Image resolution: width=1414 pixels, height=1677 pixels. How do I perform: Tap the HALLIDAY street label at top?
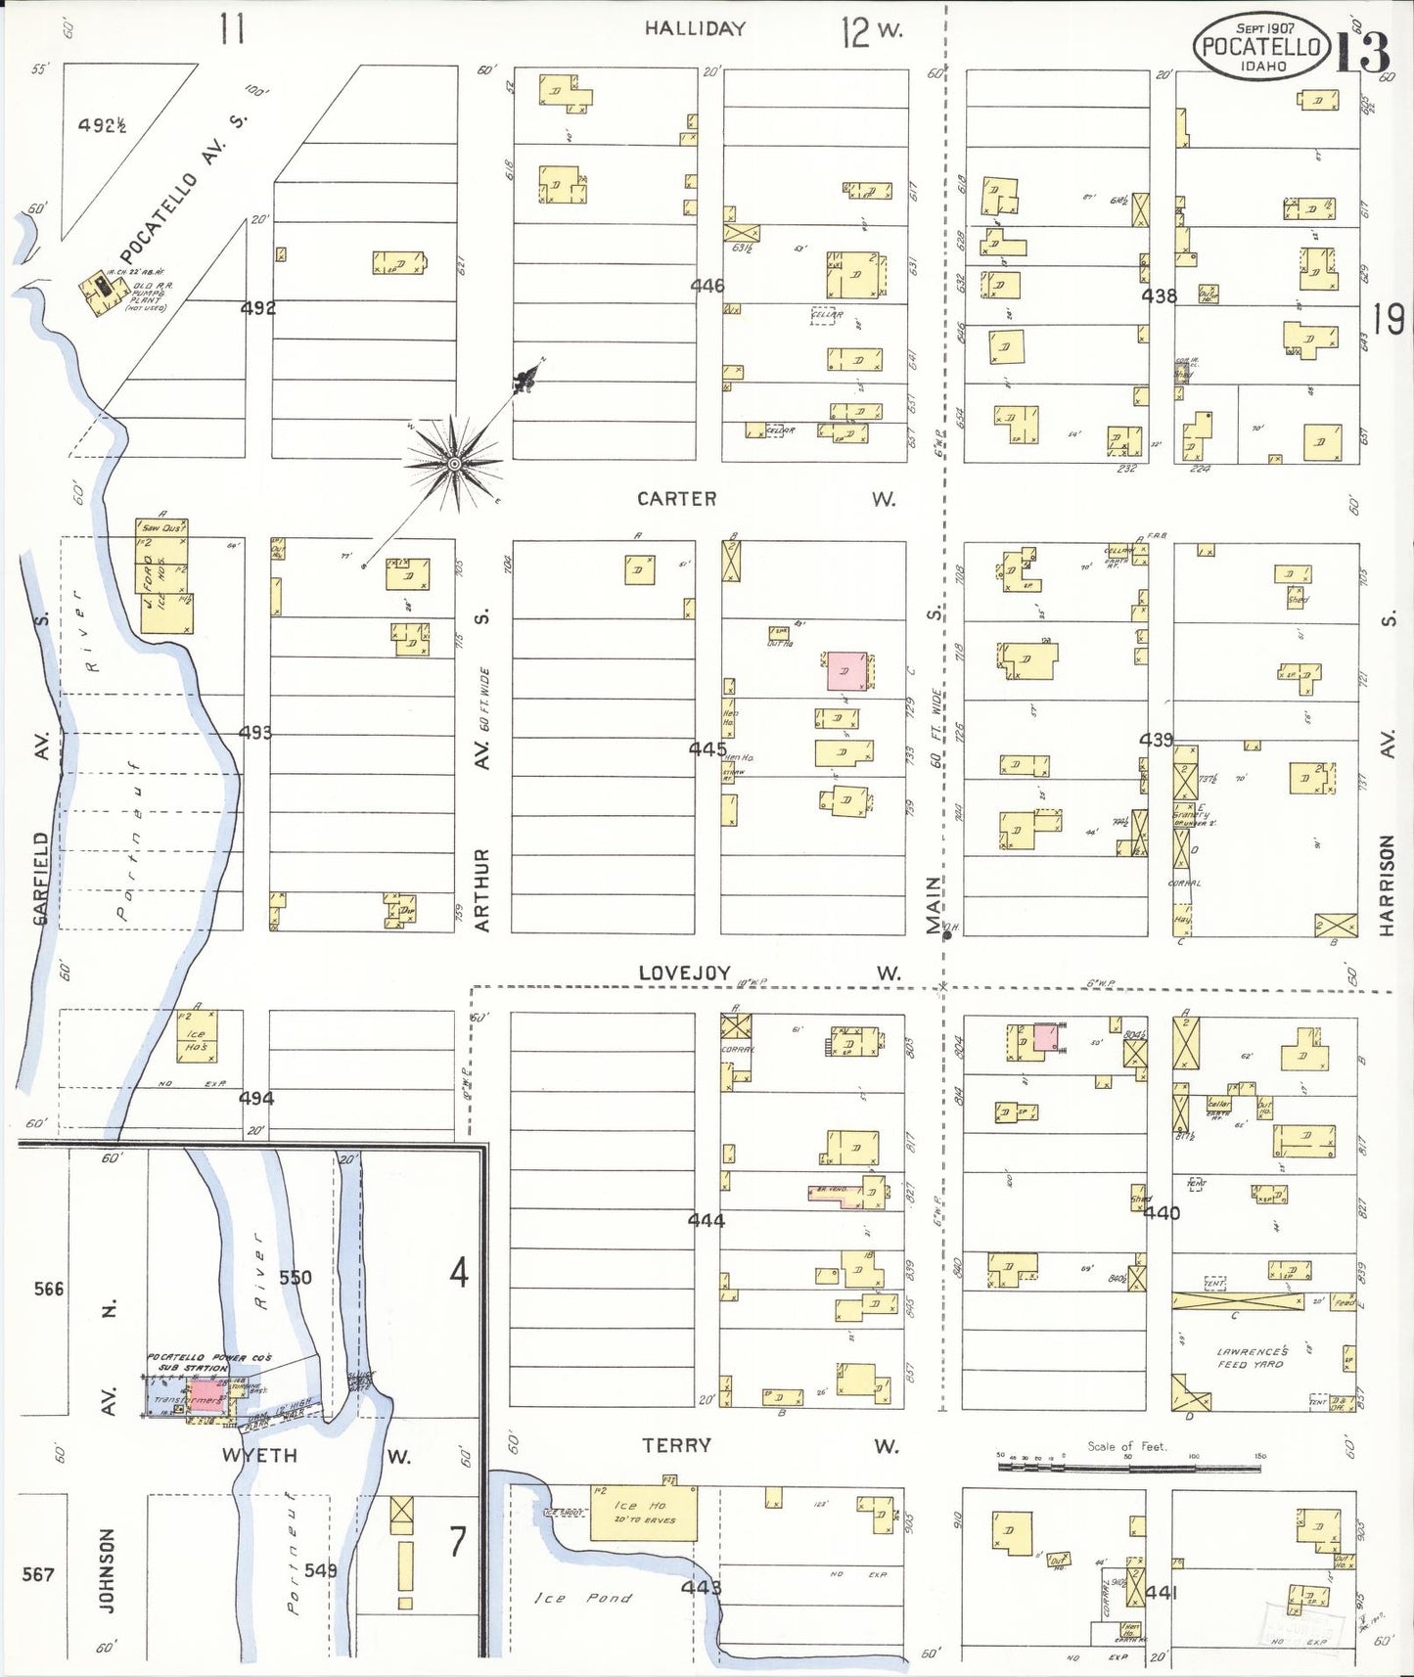695,29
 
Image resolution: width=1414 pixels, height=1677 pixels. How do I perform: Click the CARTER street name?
676,499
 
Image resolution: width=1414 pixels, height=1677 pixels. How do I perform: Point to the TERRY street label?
675,1445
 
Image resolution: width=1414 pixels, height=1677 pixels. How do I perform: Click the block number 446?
707,286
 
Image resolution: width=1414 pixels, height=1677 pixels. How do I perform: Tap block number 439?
1156,740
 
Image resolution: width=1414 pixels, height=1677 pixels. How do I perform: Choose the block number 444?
706,1220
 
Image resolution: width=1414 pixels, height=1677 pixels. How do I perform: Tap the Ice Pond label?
582,1598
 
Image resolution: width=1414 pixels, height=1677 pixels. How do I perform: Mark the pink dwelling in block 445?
846,671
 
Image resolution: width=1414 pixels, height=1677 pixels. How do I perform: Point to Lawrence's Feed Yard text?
1252,1357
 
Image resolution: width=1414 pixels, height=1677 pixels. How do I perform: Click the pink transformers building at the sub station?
204,1396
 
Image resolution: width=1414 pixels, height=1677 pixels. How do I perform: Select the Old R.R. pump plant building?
101,292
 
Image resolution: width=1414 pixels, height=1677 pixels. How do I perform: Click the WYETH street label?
259,1455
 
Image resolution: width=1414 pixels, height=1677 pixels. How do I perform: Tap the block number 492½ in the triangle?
102,125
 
